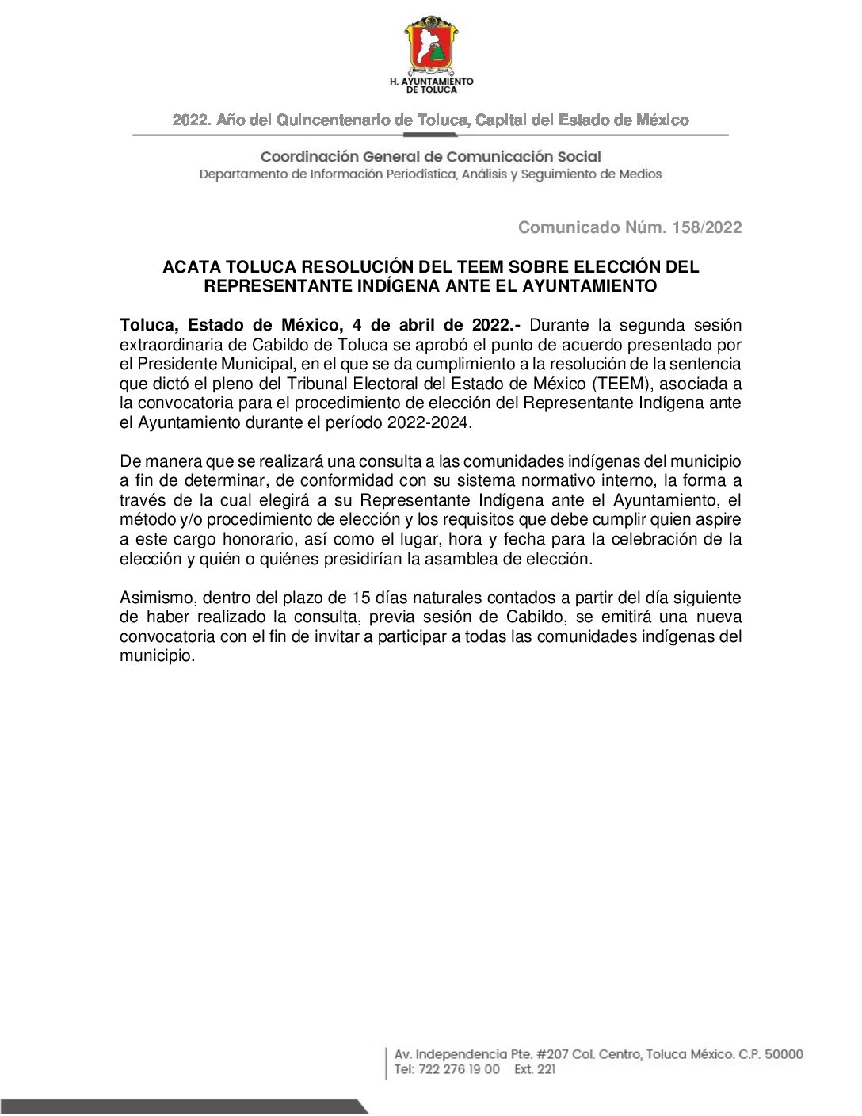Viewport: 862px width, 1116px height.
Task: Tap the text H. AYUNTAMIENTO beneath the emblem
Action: (x=431, y=81)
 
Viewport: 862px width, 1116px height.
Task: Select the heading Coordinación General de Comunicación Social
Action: (x=431, y=157)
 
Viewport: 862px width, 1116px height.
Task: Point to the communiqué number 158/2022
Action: (x=707, y=227)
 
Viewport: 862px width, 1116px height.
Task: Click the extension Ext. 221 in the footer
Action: (x=535, y=1069)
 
